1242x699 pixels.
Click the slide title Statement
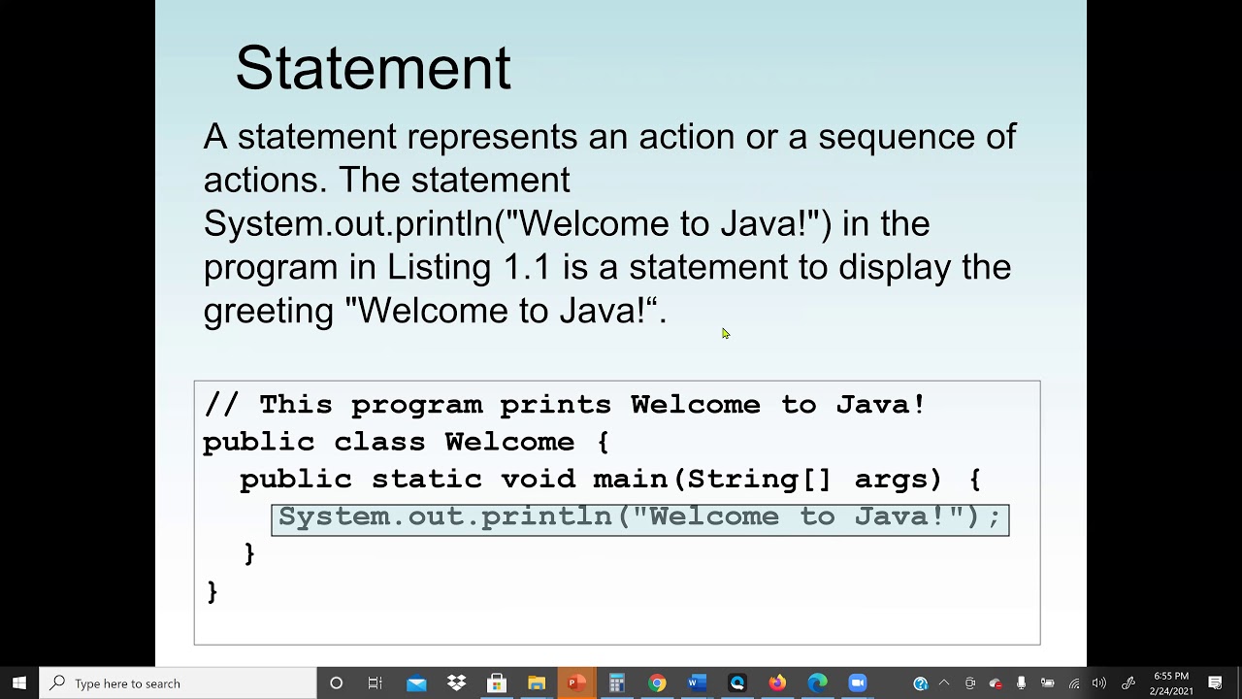373,68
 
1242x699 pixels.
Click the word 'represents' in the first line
492,137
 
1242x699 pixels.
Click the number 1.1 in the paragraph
527,267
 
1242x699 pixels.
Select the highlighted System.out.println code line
639,517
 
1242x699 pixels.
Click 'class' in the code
379,443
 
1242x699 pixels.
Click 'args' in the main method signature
898,480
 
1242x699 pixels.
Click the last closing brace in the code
212,591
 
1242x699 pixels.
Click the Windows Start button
19,683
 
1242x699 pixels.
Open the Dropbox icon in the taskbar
456,683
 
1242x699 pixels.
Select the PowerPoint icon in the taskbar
576,683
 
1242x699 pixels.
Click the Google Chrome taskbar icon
657,683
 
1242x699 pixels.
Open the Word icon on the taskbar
697,683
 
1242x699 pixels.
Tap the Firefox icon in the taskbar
777,683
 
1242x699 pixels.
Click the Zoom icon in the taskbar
857,683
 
